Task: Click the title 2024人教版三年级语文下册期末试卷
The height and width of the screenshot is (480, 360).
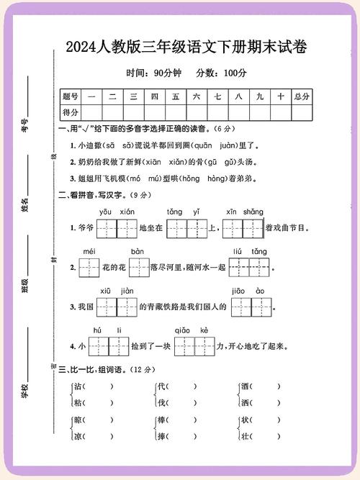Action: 186,47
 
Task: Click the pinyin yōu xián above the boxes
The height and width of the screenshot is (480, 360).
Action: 117,212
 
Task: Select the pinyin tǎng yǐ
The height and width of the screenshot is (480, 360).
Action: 186,212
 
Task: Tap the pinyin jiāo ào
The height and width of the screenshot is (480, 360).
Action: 250,290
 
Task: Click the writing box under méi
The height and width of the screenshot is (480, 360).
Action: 89,268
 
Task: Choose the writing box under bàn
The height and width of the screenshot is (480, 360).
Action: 139,268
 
